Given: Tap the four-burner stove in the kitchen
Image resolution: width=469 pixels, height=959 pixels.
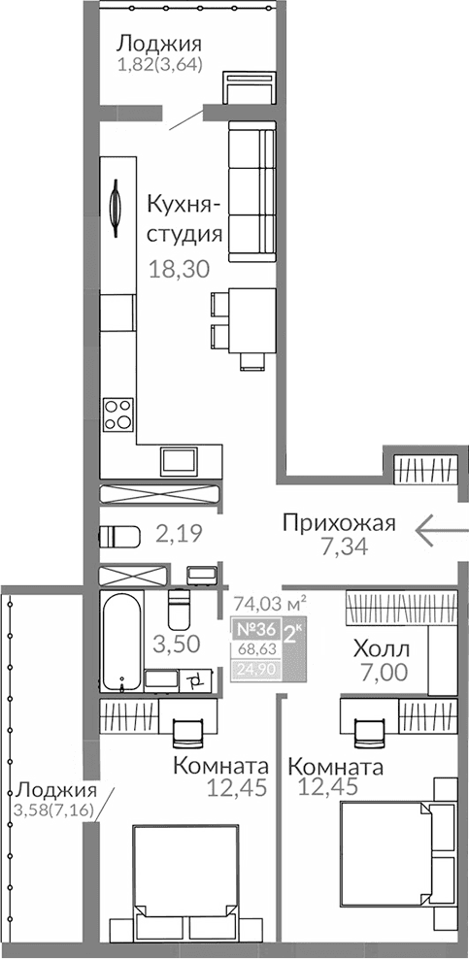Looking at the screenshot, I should [x=118, y=414].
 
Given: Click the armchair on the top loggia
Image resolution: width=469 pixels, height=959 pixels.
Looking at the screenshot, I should [x=239, y=90].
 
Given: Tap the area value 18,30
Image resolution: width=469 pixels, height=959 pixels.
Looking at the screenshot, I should [x=179, y=270].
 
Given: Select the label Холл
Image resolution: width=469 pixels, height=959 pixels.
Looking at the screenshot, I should [x=381, y=648].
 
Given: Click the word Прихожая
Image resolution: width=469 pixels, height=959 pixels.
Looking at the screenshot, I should [x=339, y=524].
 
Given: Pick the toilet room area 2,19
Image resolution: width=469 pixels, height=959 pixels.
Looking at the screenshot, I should [x=175, y=532].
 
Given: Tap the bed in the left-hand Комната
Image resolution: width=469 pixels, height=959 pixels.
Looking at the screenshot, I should [x=184, y=880].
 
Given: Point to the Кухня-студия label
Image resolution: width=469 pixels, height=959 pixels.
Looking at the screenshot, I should [x=184, y=218].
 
